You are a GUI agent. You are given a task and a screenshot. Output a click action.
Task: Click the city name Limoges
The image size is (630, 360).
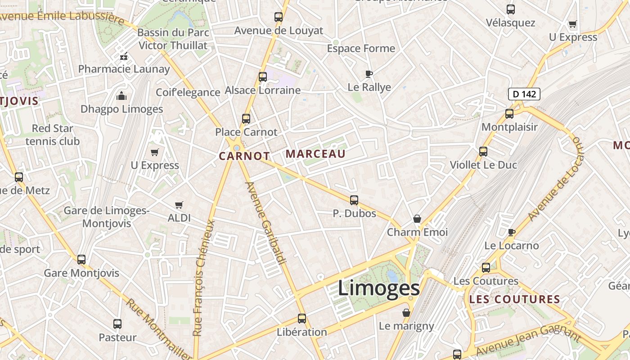click(x=378, y=288)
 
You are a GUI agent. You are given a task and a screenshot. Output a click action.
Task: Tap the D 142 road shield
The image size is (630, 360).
click(x=524, y=94)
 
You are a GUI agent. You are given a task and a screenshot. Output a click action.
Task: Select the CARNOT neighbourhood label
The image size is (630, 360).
click(x=244, y=156)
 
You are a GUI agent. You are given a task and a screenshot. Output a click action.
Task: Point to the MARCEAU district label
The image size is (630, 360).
click(x=315, y=154)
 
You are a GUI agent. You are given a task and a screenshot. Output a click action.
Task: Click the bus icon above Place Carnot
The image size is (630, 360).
click(x=246, y=119)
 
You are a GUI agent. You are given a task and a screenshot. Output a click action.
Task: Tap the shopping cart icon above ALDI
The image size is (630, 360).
click(x=179, y=205)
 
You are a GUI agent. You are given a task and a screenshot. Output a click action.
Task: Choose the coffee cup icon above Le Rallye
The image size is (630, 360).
click(x=369, y=74)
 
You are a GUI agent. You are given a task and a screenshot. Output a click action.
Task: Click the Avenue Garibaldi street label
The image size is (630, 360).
click(x=266, y=223)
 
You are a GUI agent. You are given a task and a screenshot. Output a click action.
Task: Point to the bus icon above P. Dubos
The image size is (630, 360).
click(x=354, y=200)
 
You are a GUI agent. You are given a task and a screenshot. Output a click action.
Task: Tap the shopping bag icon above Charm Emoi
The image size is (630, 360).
click(x=417, y=219)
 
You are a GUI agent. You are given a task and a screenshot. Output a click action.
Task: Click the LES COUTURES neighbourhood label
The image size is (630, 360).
click(x=514, y=299)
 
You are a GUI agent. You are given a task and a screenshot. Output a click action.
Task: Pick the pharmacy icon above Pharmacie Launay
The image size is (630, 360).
click(x=124, y=57)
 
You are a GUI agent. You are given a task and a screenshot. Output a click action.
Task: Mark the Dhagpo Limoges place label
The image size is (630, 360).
click(x=121, y=109)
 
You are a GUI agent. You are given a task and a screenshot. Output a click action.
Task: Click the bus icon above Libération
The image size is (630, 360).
click(x=302, y=319)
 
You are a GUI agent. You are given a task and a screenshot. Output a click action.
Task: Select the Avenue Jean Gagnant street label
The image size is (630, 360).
click(x=529, y=341)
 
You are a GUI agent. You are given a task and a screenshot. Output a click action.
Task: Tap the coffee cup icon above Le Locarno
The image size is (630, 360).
click(x=511, y=232)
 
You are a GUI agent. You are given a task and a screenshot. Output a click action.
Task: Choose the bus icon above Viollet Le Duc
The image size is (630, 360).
click(x=483, y=152)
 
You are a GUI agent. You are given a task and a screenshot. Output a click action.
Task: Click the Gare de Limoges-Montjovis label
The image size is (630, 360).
click(x=107, y=217)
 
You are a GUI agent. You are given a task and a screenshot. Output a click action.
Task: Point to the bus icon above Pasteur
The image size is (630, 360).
click(x=117, y=324)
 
